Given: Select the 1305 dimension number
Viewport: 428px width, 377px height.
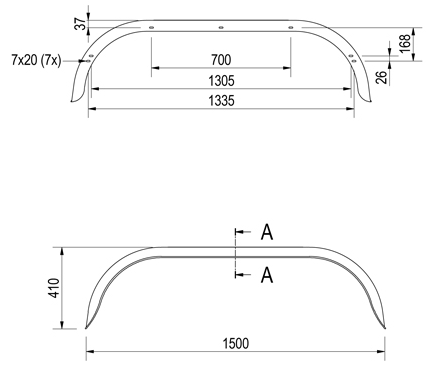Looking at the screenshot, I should [x=221, y=80].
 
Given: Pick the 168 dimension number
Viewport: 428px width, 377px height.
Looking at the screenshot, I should [x=404, y=43].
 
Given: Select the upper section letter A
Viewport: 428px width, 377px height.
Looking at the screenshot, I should [x=267, y=232].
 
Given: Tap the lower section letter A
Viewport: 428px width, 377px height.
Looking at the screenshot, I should [x=267, y=272].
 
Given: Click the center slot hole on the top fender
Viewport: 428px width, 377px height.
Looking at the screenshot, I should [x=220, y=27].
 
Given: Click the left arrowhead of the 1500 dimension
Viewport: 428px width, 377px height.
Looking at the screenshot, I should [x=88, y=350].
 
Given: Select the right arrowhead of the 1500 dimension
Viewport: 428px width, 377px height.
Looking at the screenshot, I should [x=384, y=350].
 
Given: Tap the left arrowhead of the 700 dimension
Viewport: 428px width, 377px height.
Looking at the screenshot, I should [x=154, y=70].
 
